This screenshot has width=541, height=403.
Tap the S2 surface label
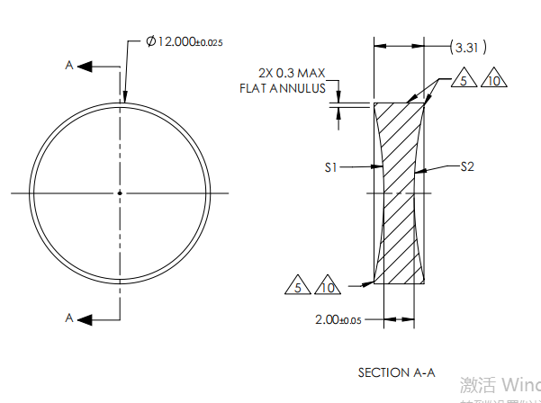coord(468,166)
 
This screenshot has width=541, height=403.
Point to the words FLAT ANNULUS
coord(282,88)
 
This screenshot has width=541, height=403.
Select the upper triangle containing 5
coord(464,81)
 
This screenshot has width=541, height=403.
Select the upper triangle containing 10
coord(493,81)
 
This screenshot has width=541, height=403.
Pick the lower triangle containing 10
coord(328,287)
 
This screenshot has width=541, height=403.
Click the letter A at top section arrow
coord(69,66)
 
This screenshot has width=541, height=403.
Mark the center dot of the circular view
coord(120,192)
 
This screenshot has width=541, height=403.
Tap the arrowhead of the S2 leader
coord(419,169)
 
